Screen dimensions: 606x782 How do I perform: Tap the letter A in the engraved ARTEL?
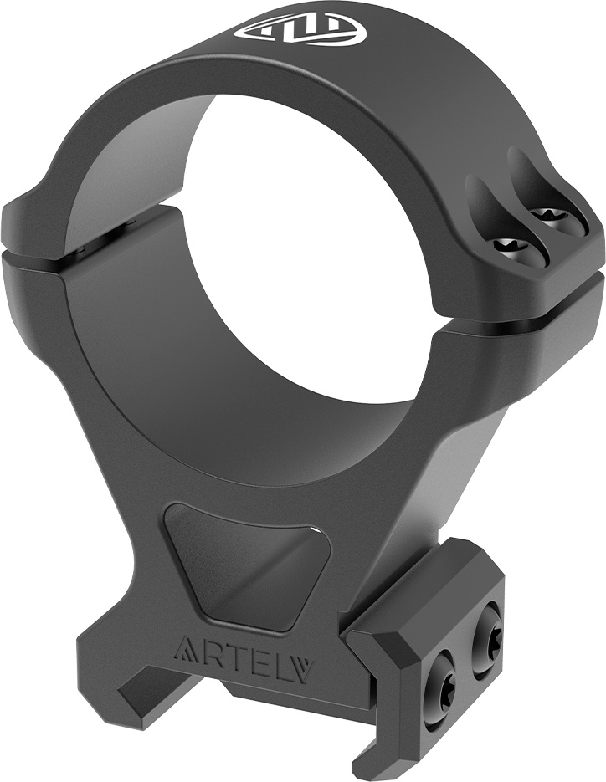tap(183, 649)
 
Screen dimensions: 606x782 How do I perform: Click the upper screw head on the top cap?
tap(551, 217)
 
